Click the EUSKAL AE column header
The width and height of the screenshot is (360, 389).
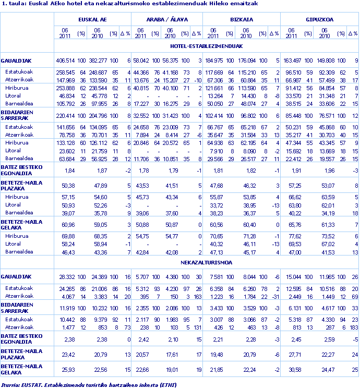click(x=93, y=19)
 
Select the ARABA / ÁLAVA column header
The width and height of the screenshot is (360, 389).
click(x=167, y=19)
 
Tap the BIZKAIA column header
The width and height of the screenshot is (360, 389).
click(x=242, y=19)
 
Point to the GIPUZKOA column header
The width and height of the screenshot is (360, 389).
click(x=319, y=19)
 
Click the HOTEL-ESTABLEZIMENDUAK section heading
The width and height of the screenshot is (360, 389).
click(x=207, y=46)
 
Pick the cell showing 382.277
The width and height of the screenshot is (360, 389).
click(x=95, y=60)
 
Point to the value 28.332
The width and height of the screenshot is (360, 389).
click(x=66, y=277)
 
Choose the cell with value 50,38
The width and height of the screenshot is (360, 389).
click(x=68, y=186)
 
